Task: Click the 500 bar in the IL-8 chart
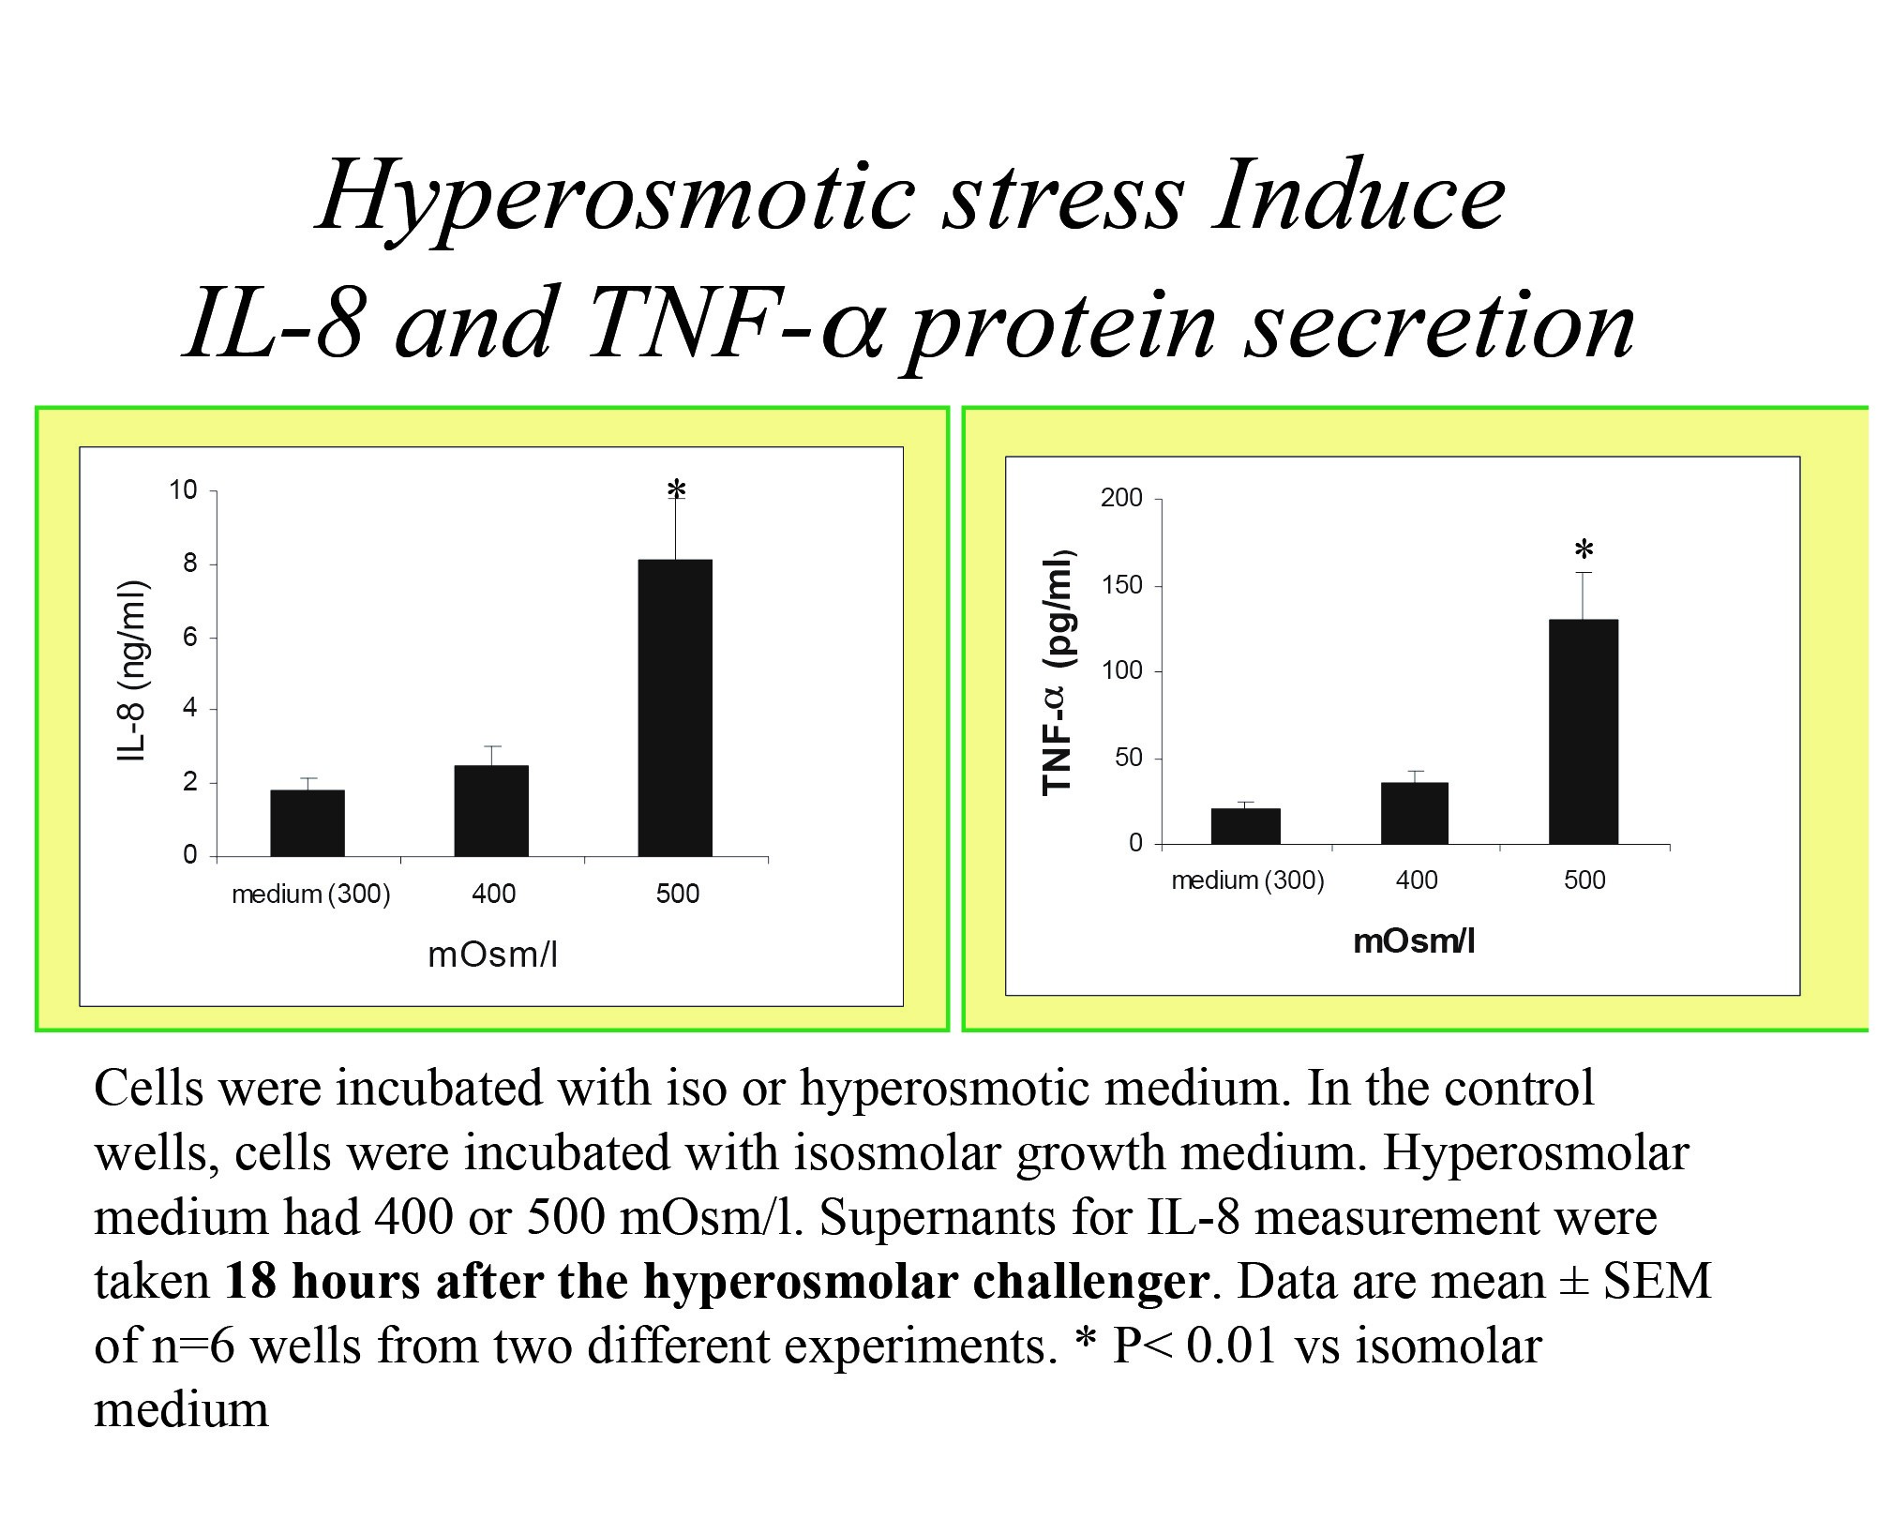point(675,708)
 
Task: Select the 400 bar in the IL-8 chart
point(491,811)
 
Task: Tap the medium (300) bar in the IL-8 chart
point(308,823)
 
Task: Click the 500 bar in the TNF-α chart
point(1584,731)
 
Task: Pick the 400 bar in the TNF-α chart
point(1415,813)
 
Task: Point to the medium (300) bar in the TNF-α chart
point(1246,826)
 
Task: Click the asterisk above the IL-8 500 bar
point(677,490)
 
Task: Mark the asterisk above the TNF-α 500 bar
point(1584,550)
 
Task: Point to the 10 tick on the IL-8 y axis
point(184,490)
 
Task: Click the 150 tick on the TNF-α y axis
point(1122,586)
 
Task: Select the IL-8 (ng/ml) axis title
point(132,671)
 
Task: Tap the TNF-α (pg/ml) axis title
point(1059,671)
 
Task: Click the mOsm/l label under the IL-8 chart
point(492,955)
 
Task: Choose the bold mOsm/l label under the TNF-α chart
point(1414,941)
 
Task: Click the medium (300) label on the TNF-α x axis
point(1248,880)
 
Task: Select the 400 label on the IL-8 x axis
point(493,895)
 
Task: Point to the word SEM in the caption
point(1657,1281)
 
